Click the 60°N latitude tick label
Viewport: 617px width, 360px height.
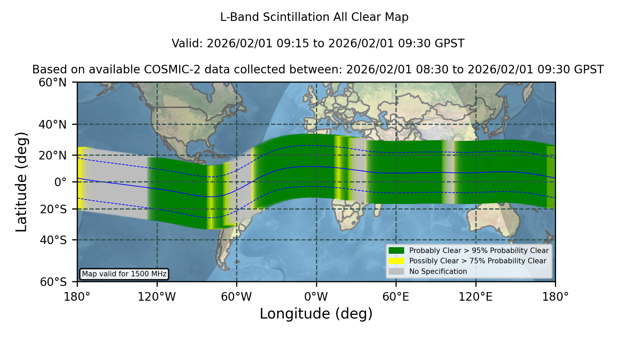click(x=53, y=83)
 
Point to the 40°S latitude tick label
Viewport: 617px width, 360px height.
click(x=53, y=240)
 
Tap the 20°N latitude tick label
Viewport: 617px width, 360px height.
click(x=53, y=155)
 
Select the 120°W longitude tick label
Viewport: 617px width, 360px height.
click(x=157, y=297)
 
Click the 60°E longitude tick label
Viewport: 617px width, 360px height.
click(x=396, y=297)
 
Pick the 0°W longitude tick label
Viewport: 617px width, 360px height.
click(x=316, y=297)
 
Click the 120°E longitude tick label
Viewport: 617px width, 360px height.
click(x=476, y=297)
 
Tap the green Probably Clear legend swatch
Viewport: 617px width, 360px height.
click(x=397, y=251)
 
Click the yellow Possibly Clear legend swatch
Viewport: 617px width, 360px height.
click(x=397, y=261)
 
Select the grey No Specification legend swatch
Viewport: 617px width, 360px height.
click(x=397, y=272)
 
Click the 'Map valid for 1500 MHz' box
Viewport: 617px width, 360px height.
click(x=124, y=274)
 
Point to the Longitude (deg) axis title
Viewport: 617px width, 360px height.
click(x=316, y=314)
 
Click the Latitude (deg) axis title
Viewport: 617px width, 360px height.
click(x=21, y=182)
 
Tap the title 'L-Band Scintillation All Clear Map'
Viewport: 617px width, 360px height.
click(x=314, y=17)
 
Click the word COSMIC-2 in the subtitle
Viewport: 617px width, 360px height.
click(x=167, y=70)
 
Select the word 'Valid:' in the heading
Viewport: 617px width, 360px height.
click(x=187, y=44)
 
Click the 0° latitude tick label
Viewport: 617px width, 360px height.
click(x=60, y=182)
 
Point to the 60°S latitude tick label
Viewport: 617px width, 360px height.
click(x=53, y=282)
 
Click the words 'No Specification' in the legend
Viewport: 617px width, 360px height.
click(x=438, y=272)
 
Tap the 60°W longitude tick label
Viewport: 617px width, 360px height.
click(x=237, y=297)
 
